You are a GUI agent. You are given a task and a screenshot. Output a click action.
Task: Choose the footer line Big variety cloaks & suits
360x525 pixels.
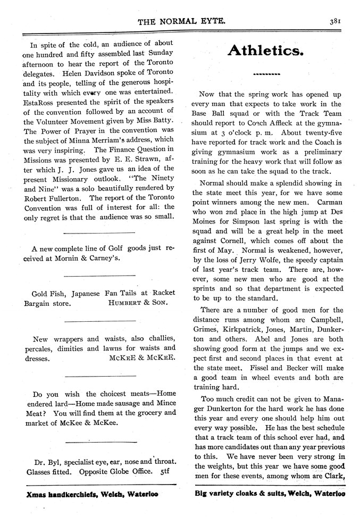tap(270, 493)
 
